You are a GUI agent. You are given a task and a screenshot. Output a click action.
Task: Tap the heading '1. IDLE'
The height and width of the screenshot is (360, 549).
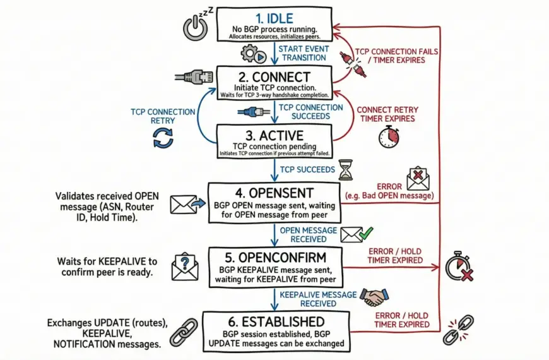click(x=274, y=17)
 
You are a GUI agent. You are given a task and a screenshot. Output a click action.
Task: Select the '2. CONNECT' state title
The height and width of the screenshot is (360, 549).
click(x=274, y=77)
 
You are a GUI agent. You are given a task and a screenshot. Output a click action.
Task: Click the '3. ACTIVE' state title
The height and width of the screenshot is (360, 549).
click(x=274, y=135)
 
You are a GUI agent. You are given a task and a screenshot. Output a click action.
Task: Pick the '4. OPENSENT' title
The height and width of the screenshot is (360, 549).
click(x=275, y=192)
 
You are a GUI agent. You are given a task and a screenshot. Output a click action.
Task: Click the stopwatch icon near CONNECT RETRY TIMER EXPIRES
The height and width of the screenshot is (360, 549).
click(x=388, y=137)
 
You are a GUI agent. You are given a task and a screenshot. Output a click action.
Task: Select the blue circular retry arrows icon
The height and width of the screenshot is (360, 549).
click(x=163, y=137)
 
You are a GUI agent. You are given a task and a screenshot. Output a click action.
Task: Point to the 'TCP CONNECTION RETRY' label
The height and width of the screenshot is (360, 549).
click(x=163, y=116)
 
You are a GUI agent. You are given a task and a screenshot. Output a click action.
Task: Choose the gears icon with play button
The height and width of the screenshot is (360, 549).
click(x=253, y=54)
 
